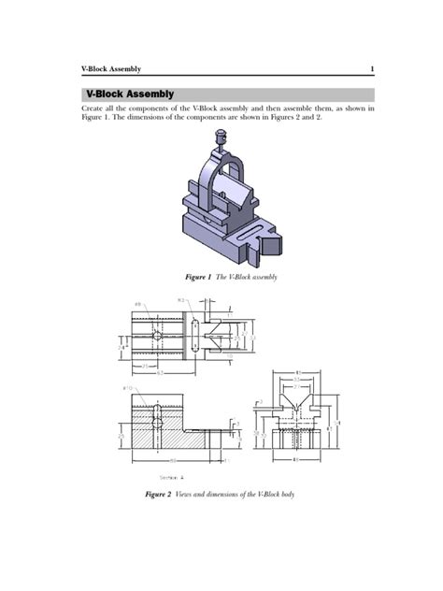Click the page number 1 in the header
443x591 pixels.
(372, 69)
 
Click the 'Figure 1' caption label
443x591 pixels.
(197, 278)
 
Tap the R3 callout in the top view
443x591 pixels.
(181, 300)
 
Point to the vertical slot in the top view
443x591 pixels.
(193, 336)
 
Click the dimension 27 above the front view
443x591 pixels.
(298, 385)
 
